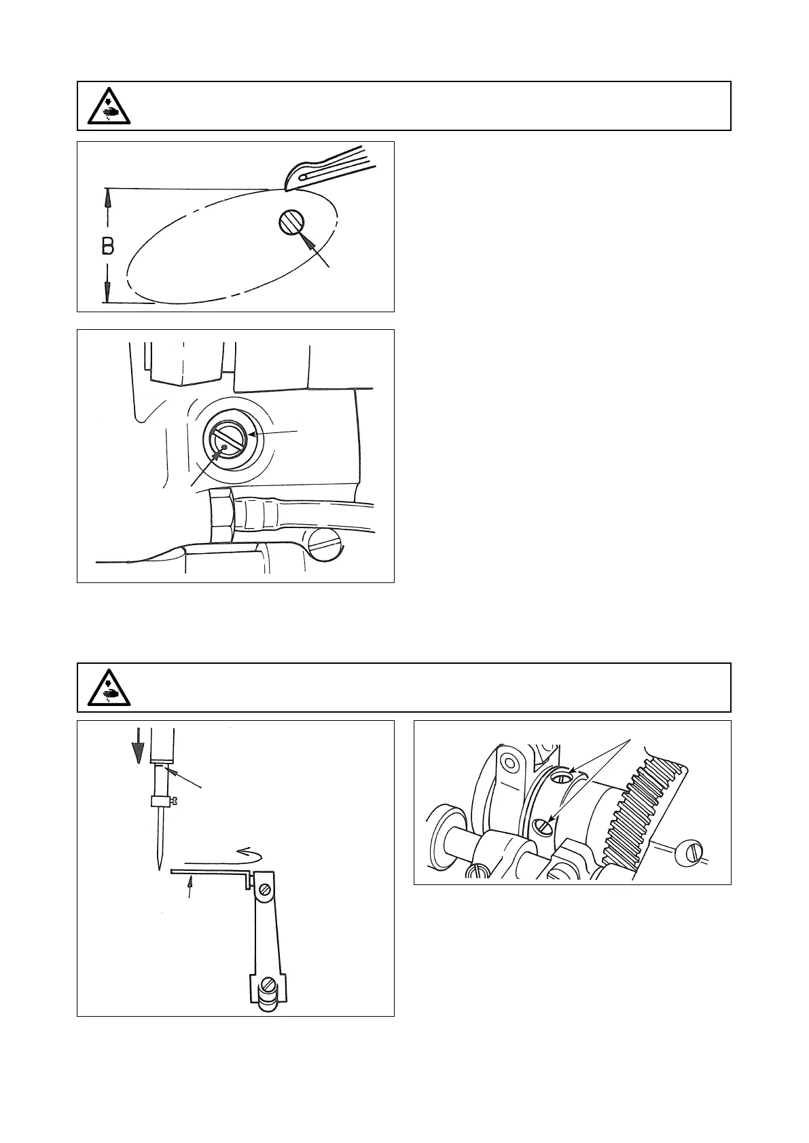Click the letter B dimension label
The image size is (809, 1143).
pyautogui.click(x=108, y=246)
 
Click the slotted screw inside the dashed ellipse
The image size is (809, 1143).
pyautogui.click(x=291, y=222)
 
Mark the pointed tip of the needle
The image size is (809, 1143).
pyautogui.click(x=158, y=867)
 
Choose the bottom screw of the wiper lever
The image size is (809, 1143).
pyautogui.click(x=269, y=982)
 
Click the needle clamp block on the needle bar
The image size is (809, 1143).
pyautogui.click(x=161, y=802)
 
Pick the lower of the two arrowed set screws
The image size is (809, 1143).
pyautogui.click(x=542, y=825)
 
